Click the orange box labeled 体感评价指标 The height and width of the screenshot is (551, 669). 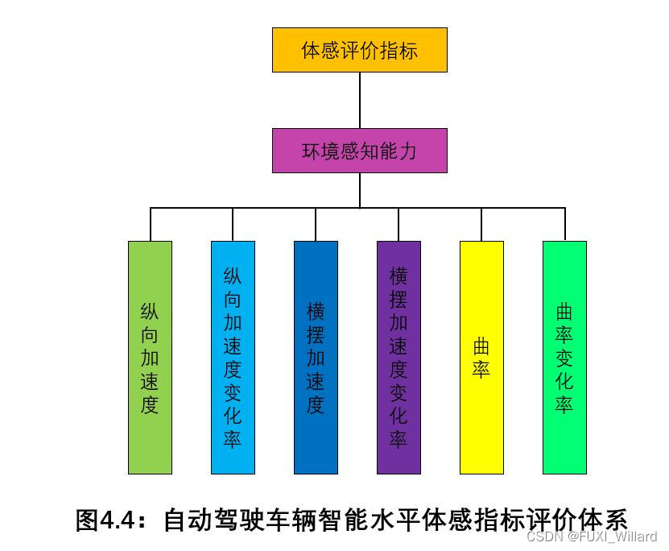[x=359, y=50]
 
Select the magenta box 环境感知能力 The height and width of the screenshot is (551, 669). [x=359, y=151]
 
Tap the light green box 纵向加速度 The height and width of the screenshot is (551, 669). [x=150, y=357]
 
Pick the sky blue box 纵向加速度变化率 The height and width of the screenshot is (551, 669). [x=233, y=357]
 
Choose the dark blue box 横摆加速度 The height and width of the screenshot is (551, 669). [x=316, y=357]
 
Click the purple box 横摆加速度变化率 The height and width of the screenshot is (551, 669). [x=399, y=357]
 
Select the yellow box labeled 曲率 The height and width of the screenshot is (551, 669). [x=481, y=357]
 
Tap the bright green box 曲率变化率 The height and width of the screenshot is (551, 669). [x=564, y=357]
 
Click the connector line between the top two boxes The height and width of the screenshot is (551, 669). [x=359, y=100]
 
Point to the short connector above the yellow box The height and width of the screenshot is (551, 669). [x=481, y=224]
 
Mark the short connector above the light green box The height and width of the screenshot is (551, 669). [x=151, y=224]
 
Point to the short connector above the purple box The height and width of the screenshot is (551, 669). [x=399, y=224]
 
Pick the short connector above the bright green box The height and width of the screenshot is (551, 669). [x=564, y=224]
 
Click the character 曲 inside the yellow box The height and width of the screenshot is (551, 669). [x=481, y=347]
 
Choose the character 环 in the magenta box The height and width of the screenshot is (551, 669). [x=311, y=151]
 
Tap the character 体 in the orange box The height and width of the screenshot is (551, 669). [x=311, y=51]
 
